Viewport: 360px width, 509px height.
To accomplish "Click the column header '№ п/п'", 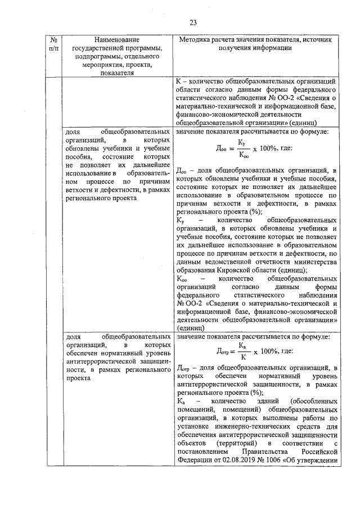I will click(53, 44).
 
